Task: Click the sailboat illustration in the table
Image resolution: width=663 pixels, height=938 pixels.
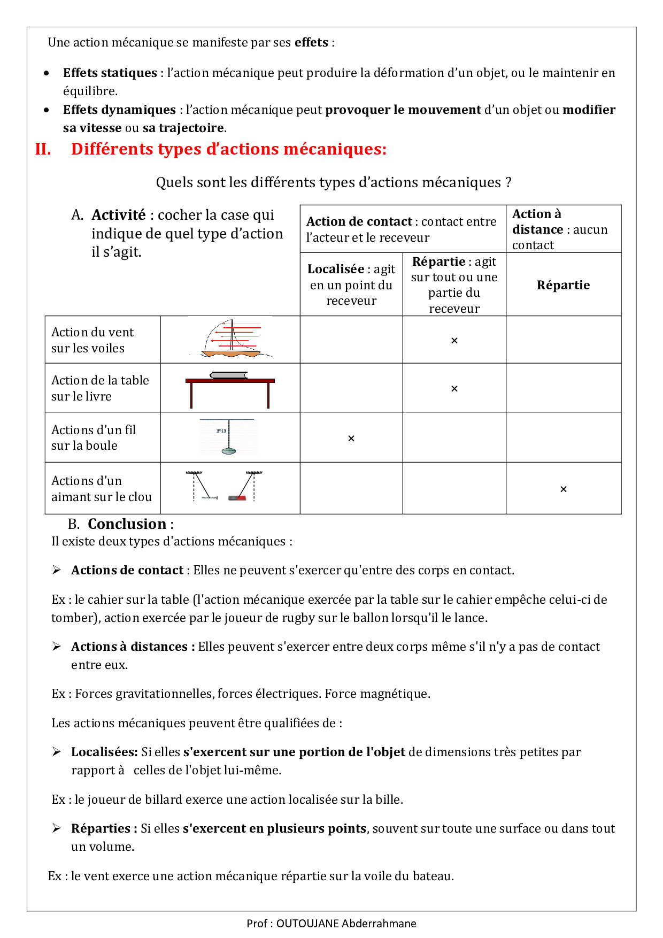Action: pyautogui.click(x=230, y=339)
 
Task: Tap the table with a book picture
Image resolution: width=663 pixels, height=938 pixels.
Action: pyautogui.click(x=230, y=388)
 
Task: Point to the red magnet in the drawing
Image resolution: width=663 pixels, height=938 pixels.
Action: pyautogui.click(x=237, y=498)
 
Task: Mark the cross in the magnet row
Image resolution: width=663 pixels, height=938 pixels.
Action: pyautogui.click(x=563, y=489)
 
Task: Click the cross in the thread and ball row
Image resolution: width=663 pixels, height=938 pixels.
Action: pyautogui.click(x=351, y=439)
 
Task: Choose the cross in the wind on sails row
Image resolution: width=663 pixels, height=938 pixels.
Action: pyautogui.click(x=454, y=341)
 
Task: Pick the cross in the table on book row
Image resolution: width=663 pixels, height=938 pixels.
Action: pyautogui.click(x=454, y=389)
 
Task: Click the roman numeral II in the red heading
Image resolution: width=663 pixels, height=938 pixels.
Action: pyautogui.click(x=43, y=149)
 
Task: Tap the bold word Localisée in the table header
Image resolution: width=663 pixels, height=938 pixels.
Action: pyautogui.click(x=336, y=269)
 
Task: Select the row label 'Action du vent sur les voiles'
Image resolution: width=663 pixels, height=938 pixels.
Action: pyautogui.click(x=92, y=340)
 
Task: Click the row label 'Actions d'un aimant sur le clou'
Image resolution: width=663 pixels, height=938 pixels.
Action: pyautogui.click(x=101, y=489)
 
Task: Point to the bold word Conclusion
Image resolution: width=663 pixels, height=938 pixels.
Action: pyautogui.click(x=127, y=524)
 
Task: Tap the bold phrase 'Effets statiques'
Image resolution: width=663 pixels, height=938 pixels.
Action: pyautogui.click(x=110, y=73)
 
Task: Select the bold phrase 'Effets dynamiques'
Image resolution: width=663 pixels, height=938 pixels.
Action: pyautogui.click(x=119, y=110)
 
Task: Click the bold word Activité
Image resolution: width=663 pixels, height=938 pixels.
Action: pyautogui.click(x=118, y=215)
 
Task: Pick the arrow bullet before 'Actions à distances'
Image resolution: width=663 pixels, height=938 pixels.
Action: pyautogui.click(x=57, y=647)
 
